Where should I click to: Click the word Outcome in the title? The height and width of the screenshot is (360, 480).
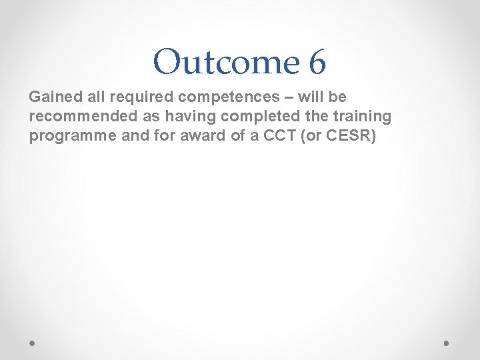[x=226, y=63]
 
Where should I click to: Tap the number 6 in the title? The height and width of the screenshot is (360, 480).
[x=317, y=63]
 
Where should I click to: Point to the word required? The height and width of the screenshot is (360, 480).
[x=129, y=97]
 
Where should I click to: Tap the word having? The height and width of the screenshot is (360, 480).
[x=186, y=116]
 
